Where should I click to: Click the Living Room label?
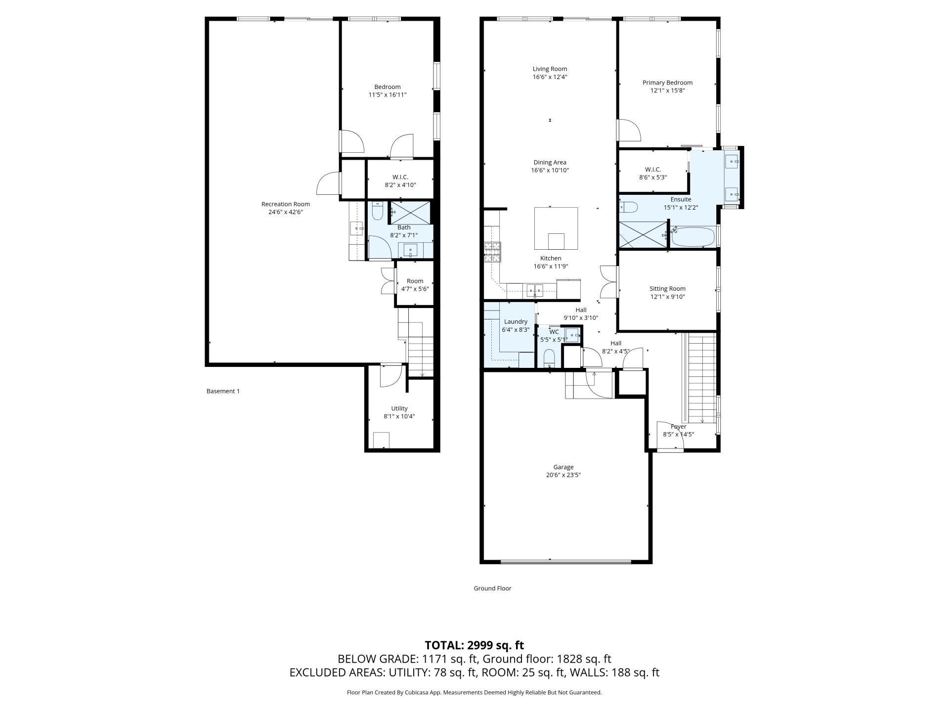tap(550, 69)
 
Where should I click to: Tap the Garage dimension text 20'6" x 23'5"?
tap(563, 475)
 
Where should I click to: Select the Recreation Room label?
tap(286, 204)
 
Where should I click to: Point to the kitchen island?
tap(556, 228)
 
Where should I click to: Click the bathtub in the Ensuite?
tap(693, 237)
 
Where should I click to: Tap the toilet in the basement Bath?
tap(378, 211)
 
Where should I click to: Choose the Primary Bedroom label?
tap(667, 83)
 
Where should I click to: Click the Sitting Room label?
tap(667, 289)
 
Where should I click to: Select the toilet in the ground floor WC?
tap(549, 358)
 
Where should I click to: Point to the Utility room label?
tap(399, 408)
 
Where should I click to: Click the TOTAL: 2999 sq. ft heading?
tap(474, 645)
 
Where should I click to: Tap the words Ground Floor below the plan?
tap(492, 588)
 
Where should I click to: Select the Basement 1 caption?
tap(223, 391)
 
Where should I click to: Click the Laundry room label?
tap(516, 322)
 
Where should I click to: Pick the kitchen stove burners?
tap(492, 252)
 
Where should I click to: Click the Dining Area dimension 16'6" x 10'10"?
tap(550, 171)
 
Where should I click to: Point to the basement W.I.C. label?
tap(400, 177)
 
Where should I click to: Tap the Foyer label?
tap(679, 427)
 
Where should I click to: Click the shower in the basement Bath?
tap(410, 213)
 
